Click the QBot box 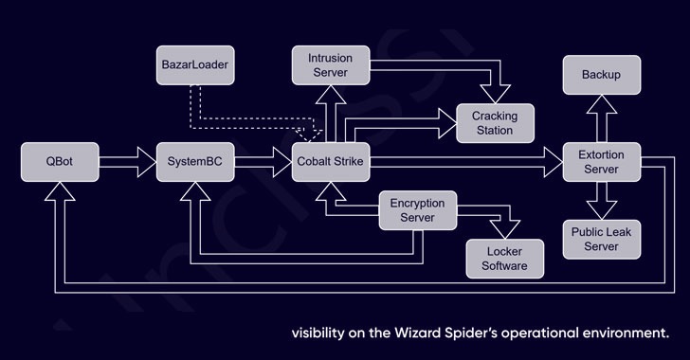point(59,162)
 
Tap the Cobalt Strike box point(327,162)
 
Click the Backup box point(602,75)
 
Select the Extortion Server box point(602,162)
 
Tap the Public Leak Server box point(602,239)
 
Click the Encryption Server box point(418,210)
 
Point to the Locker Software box point(505,258)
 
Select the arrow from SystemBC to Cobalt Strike point(260,162)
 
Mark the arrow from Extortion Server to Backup point(602,118)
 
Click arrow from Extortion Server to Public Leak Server point(602,200)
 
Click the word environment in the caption point(627,333)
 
